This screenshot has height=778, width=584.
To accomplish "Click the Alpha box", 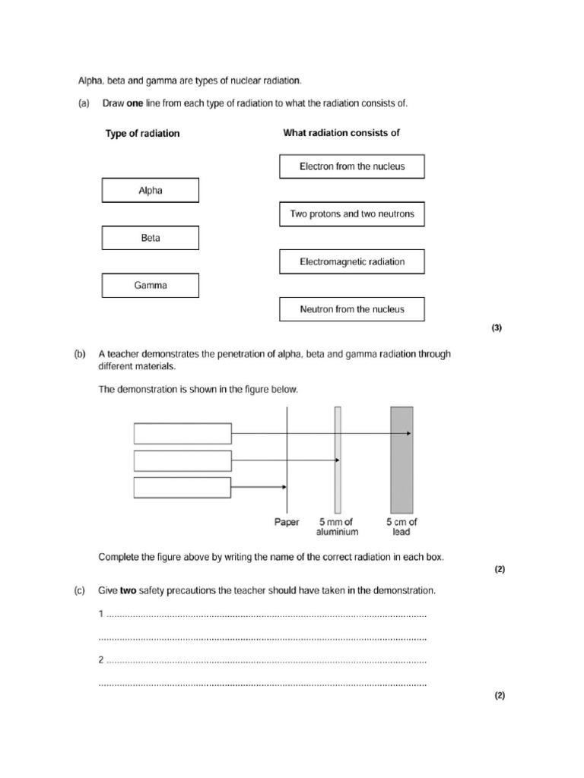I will tap(150, 191).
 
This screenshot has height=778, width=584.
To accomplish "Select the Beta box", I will tap(150, 238).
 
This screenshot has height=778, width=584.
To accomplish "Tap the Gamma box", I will tap(150, 286).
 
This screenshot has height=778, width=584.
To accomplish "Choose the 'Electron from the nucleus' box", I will tap(352, 166).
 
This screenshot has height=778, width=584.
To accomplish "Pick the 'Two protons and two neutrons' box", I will tap(352, 214).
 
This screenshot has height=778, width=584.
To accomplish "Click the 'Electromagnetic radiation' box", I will tap(352, 261).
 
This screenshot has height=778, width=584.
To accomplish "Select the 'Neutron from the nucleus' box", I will tap(352, 309).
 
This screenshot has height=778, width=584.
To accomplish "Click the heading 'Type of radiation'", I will tap(142, 134).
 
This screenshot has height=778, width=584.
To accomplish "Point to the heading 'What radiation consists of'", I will tap(341, 133).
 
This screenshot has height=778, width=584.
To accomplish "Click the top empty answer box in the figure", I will tap(182, 433).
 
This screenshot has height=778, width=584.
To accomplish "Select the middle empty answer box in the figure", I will tap(182, 460).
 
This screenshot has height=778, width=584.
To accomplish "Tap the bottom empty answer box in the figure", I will tap(182, 487).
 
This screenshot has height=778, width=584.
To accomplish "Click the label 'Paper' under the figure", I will tap(287, 523).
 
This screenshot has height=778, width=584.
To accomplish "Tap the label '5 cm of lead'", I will tap(401, 527).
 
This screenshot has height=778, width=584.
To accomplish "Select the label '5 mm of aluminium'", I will tap(338, 527).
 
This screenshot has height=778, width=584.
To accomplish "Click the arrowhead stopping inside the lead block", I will tap(409, 433).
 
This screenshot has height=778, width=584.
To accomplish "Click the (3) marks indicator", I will tap(497, 328).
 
